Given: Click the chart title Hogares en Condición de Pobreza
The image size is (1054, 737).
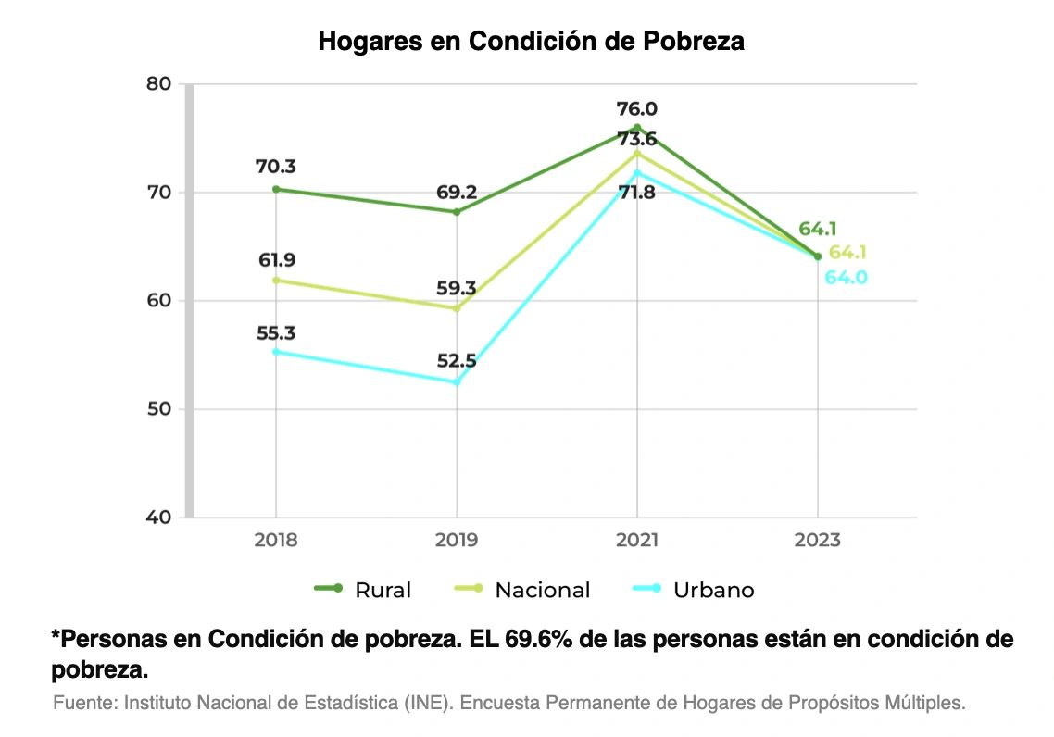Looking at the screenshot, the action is (531, 42).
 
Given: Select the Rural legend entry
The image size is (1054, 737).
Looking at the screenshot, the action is (362, 589).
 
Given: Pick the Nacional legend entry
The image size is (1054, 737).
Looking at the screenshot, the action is (522, 589).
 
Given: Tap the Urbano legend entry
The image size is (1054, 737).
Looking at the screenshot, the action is (694, 589).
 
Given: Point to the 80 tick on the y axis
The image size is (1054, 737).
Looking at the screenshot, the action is (158, 84).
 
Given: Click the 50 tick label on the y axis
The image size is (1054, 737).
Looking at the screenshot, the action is (158, 409).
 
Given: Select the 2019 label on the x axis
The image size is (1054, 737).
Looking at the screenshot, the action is (457, 540).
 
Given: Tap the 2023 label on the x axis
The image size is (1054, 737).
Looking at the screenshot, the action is (818, 540).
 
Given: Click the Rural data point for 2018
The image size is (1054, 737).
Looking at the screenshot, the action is (276, 190).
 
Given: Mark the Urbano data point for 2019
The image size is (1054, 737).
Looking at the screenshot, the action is (457, 382).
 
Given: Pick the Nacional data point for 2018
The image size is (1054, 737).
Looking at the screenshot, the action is (276, 281).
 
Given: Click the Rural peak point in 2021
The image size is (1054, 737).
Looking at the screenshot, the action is (637, 128).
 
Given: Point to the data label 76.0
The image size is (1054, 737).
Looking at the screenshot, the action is (637, 109).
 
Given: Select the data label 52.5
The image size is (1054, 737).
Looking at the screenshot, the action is (457, 361).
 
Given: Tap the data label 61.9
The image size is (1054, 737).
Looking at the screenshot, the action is (277, 260).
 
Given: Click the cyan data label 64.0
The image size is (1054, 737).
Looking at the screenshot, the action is (847, 278).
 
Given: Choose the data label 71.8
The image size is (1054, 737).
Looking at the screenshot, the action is (637, 193).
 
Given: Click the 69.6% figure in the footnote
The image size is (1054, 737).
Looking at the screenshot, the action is (538, 639).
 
